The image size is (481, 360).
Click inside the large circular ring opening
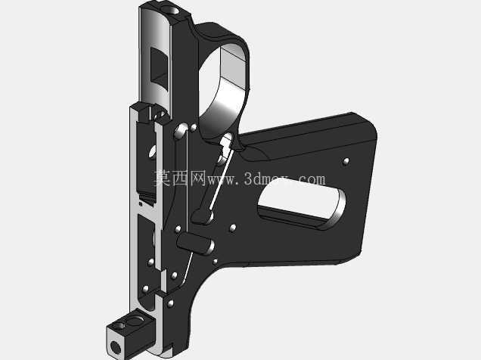click(222, 89)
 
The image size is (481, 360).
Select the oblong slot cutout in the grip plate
click(303, 203)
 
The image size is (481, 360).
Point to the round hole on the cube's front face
click(116, 347)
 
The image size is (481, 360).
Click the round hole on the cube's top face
click(134, 321)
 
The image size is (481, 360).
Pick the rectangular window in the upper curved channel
click(160, 70)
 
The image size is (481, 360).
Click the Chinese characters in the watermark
click(179, 178)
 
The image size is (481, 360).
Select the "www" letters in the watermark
click(222, 180)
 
